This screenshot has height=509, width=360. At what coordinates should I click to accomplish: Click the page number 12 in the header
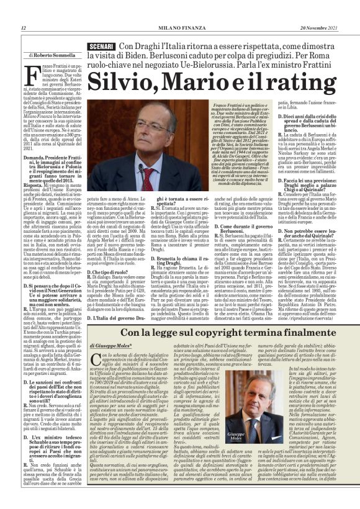coord(23,28)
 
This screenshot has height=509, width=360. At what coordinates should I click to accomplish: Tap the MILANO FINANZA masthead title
coord(180,28)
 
